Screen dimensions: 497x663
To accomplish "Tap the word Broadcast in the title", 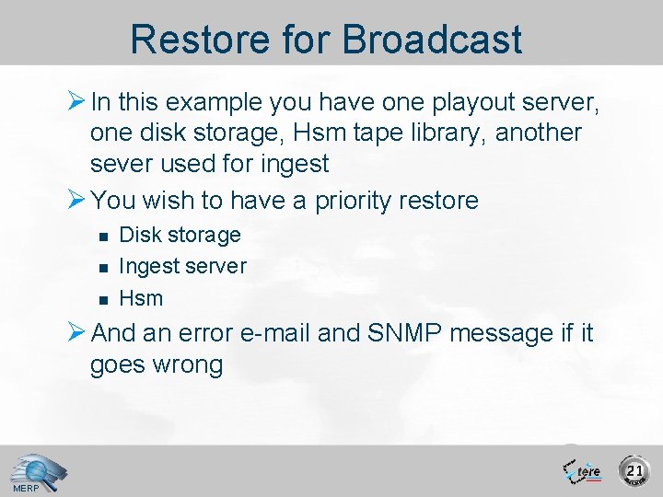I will [x=433, y=40].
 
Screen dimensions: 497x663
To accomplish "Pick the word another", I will [x=539, y=133].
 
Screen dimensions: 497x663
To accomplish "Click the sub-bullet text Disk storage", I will [x=180, y=235].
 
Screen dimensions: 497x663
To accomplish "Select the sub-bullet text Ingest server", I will [x=182, y=266].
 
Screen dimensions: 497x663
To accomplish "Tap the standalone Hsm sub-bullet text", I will [x=141, y=298].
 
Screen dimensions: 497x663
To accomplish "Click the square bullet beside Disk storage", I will [x=103, y=236].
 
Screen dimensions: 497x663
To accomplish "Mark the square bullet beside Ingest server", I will [x=103, y=267].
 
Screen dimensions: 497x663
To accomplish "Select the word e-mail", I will [x=273, y=332].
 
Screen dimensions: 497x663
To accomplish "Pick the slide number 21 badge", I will [x=634, y=470].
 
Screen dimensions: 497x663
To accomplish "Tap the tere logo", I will [x=582, y=470].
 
